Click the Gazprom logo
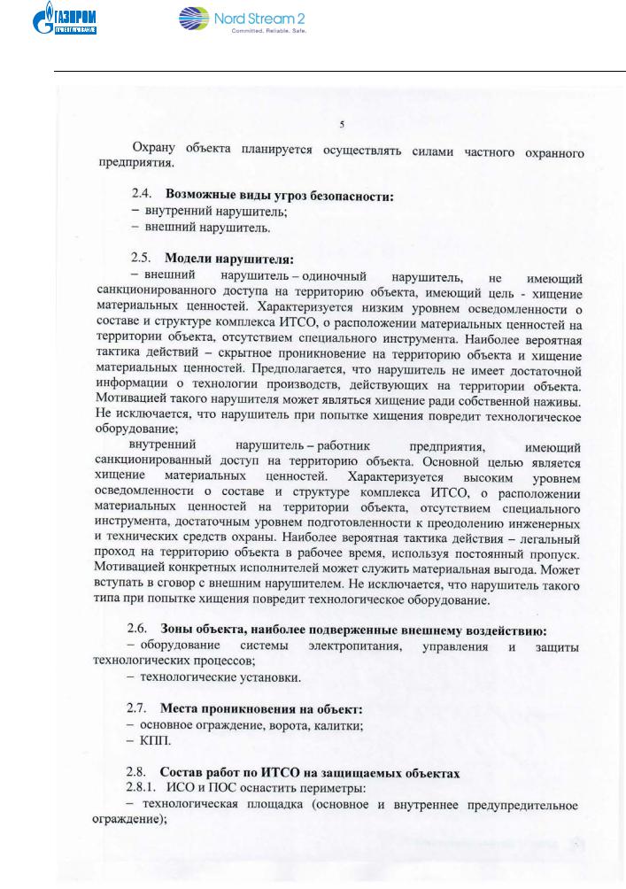click(67, 19)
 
